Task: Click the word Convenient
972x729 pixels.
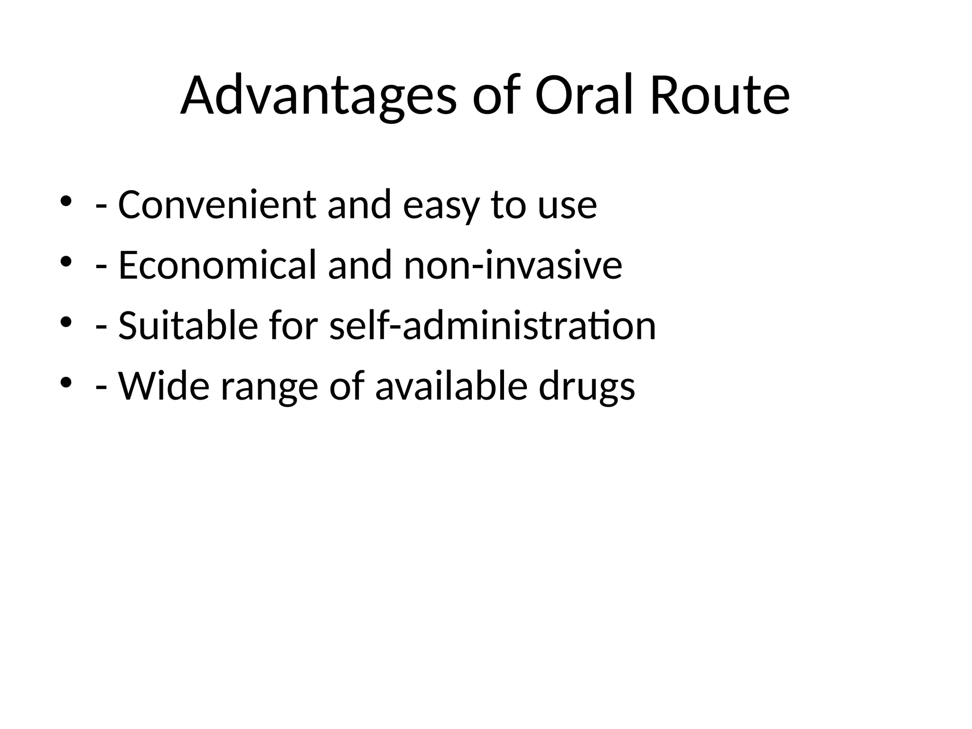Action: click(217, 205)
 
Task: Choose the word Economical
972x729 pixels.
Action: click(217, 265)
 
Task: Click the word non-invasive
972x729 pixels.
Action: click(513, 265)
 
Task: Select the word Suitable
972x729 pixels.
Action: click(188, 326)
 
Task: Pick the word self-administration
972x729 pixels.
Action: click(493, 326)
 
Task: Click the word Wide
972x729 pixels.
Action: click(164, 386)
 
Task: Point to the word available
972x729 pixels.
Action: click(451, 386)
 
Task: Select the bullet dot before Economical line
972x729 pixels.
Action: click(66, 261)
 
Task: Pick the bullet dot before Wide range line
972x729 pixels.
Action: click(66, 382)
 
